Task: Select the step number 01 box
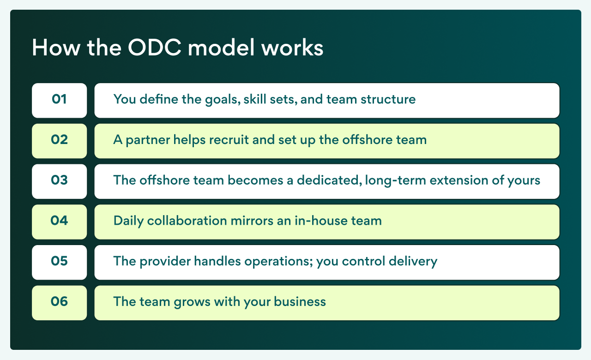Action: [x=59, y=100]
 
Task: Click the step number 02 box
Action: [x=59, y=140]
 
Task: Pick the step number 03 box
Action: [x=59, y=181]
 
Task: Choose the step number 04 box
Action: [x=59, y=222]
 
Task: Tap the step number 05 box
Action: [x=59, y=262]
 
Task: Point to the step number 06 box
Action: [x=59, y=303]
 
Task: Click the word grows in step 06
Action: [x=196, y=303]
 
